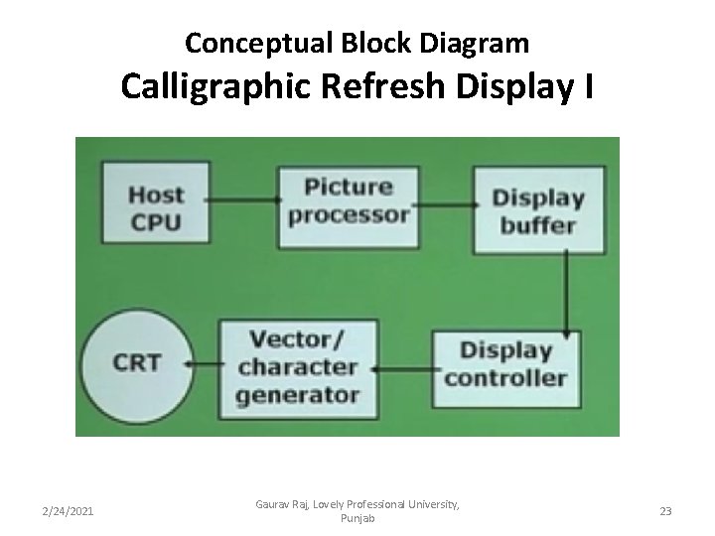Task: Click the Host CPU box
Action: point(155,205)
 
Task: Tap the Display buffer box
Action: point(537,209)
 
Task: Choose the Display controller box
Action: point(505,363)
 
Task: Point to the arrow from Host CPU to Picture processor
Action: point(243,200)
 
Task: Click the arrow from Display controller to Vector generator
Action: point(398,368)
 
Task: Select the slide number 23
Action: point(664,510)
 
